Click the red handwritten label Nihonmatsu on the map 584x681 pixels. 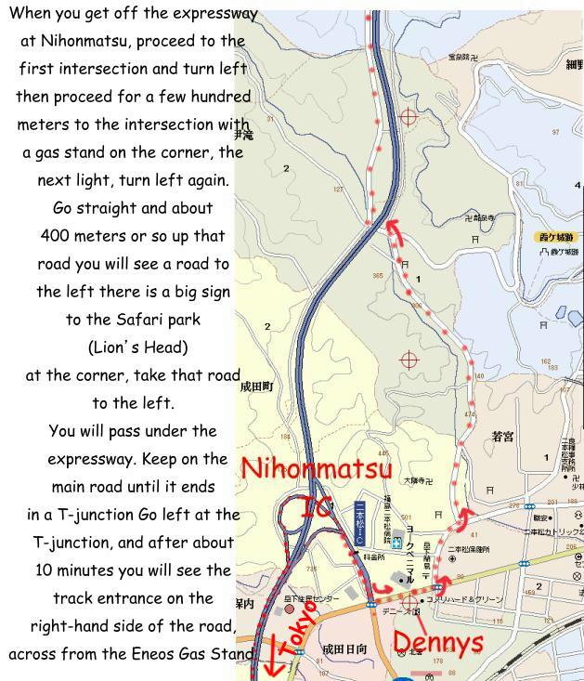317,469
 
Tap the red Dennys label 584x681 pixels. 437,642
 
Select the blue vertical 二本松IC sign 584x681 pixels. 360,526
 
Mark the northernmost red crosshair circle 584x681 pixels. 408,117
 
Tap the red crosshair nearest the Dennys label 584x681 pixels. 409,602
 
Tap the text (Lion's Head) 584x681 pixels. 137,347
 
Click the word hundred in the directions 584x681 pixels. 220,97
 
